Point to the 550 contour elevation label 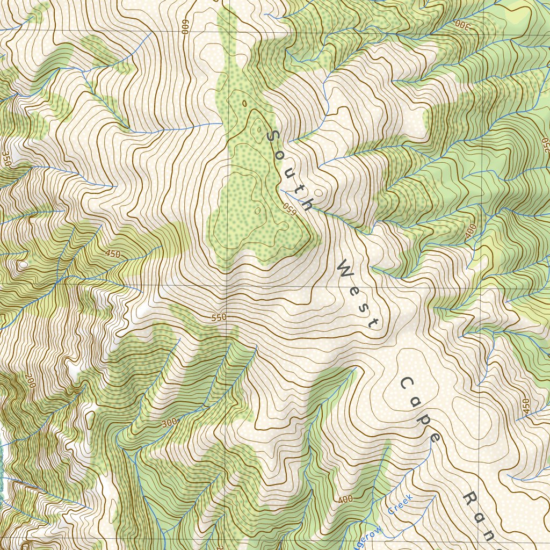click(x=219, y=317)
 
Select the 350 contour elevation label click(x=6, y=158)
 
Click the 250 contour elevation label click(x=546, y=144)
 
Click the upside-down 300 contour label click(x=462, y=24)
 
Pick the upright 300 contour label click(x=169, y=423)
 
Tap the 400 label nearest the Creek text click(x=345, y=500)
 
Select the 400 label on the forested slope click(x=471, y=231)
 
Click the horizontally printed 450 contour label click(x=113, y=254)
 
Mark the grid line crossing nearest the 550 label click(x=226, y=285)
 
